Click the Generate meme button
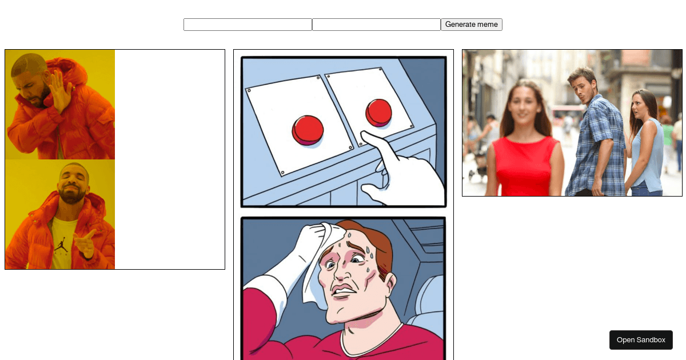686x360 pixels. pos(471,25)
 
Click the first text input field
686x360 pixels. pos(248,25)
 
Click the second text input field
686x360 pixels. pos(376,25)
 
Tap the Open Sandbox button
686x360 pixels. pos(641,340)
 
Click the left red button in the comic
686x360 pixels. pos(308,129)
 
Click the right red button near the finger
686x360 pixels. pos(378,111)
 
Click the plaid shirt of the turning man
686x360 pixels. pos(597,143)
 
